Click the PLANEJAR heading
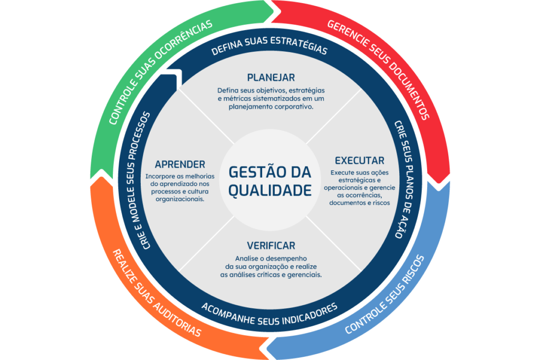point(271,77)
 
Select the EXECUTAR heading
point(360,160)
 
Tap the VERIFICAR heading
point(271,246)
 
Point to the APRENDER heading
point(180,164)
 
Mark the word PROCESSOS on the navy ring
point(139,138)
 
